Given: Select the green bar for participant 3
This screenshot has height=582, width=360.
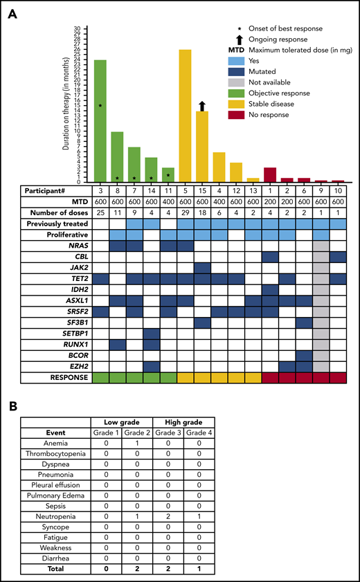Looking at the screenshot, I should point(101,121).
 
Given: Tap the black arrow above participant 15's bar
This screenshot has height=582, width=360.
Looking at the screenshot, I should point(202,105).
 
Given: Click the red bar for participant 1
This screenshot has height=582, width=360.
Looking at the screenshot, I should point(269,175).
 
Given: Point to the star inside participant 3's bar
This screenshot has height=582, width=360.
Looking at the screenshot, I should point(101,105).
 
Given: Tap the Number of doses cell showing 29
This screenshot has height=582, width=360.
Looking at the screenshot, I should point(185,212).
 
